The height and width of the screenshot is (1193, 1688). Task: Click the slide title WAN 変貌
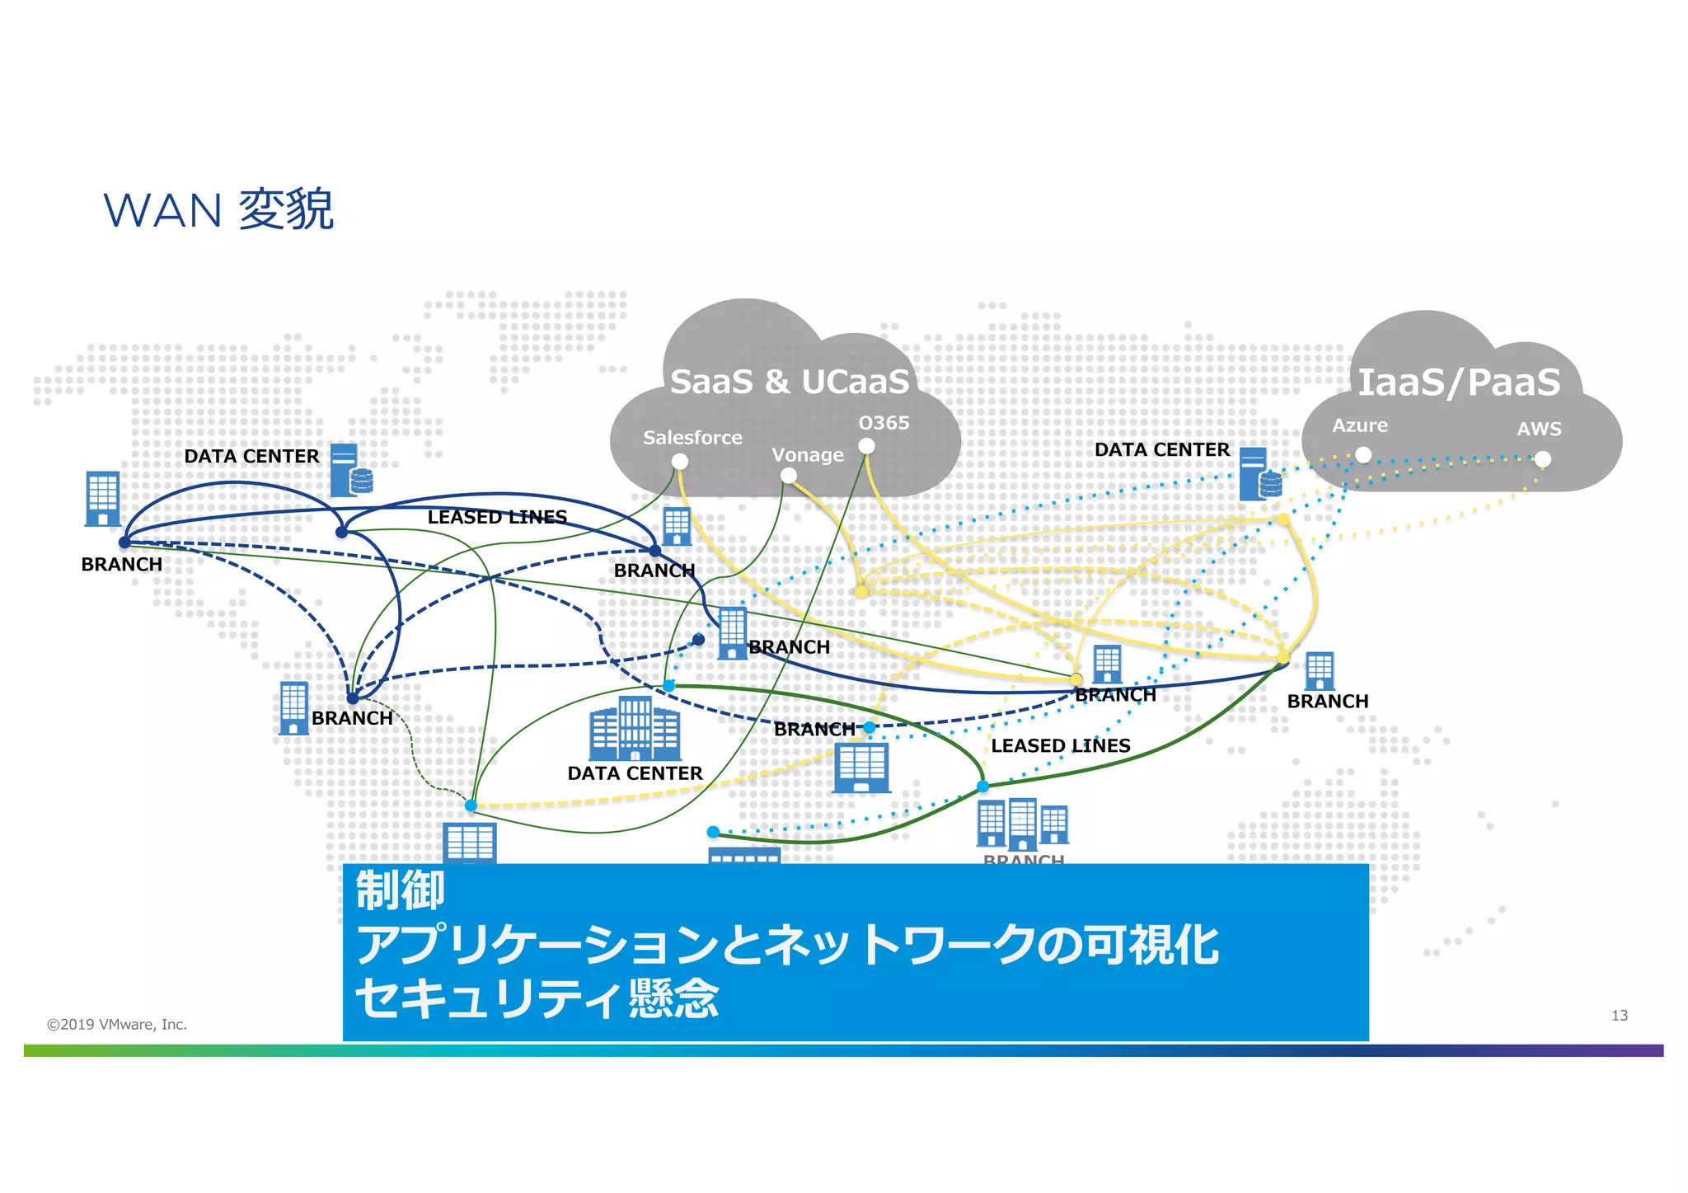pyautogui.click(x=218, y=210)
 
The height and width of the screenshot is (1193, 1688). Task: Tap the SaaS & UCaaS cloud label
pyautogui.click(x=789, y=382)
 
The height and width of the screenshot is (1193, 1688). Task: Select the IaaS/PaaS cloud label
pyautogui.click(x=1459, y=383)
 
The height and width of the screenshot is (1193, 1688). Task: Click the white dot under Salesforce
pyautogui.click(x=680, y=462)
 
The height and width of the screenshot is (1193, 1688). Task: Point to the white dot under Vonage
pyautogui.click(x=789, y=476)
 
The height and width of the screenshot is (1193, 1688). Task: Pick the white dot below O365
pyautogui.click(x=866, y=446)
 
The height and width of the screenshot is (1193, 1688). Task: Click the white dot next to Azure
pyautogui.click(x=1363, y=455)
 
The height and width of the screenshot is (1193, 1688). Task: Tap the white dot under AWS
pyautogui.click(x=1543, y=459)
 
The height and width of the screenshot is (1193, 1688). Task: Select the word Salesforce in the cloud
pyautogui.click(x=692, y=438)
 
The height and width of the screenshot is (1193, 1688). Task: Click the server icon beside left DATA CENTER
pyautogui.click(x=350, y=471)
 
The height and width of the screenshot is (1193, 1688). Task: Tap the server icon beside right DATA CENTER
pyautogui.click(x=1259, y=474)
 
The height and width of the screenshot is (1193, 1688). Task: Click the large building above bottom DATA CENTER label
pyautogui.click(x=635, y=730)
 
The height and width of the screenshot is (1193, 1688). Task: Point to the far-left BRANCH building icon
pyautogui.click(x=103, y=499)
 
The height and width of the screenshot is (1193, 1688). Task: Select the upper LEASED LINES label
pyautogui.click(x=497, y=517)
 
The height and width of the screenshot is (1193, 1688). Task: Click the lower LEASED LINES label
pyautogui.click(x=1060, y=745)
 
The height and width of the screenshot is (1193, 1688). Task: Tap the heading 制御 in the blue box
pyautogui.click(x=401, y=890)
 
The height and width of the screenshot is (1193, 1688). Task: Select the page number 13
pyautogui.click(x=1619, y=1016)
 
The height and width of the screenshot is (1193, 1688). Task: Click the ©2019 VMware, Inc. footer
pyautogui.click(x=117, y=1025)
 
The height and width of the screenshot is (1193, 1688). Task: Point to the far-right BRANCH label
pyautogui.click(x=1327, y=702)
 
